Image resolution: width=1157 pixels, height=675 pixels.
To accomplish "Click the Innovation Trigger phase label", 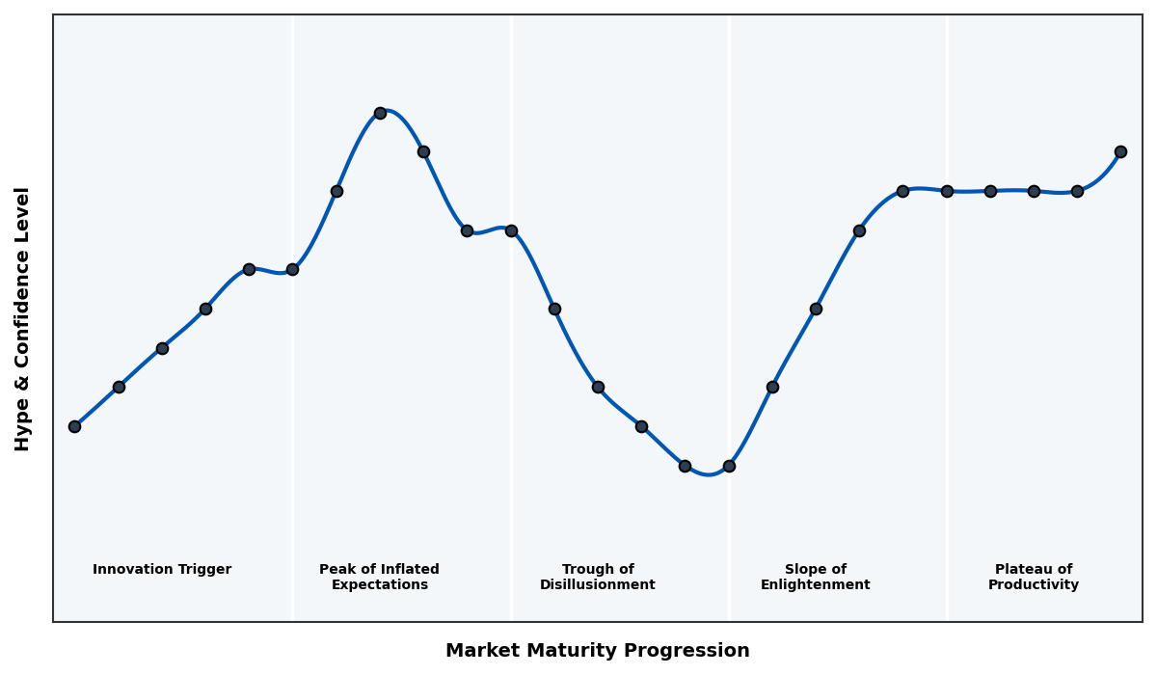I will click(x=162, y=570).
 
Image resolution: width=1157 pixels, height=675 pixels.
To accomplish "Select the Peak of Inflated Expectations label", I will click(x=379, y=578).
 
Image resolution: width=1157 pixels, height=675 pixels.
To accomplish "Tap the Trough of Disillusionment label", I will click(x=598, y=578).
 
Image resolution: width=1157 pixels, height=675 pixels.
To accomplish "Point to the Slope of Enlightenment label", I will click(x=816, y=578).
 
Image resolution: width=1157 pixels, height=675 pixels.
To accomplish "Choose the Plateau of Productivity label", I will click(x=1034, y=578).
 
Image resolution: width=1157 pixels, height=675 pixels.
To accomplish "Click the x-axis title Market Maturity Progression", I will click(x=598, y=651).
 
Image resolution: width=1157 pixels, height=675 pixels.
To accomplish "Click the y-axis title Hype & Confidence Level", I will click(x=23, y=318).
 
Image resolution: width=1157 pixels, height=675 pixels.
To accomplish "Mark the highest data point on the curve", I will click(x=380, y=113).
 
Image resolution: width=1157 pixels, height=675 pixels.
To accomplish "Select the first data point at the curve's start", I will click(x=74, y=426).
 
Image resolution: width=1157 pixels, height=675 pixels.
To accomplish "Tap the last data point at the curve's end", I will click(x=1120, y=151).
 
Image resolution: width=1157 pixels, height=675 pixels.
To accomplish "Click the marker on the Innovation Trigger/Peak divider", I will click(x=292, y=269).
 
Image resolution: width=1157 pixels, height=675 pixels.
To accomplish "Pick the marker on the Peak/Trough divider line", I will click(x=511, y=230).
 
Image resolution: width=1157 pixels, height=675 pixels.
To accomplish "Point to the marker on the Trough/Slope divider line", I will click(x=729, y=466).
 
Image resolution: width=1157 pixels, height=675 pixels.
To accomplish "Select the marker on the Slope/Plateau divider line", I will click(x=947, y=191).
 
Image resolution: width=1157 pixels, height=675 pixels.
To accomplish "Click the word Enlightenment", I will click(x=816, y=585).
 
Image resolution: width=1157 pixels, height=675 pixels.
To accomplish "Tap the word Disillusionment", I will click(x=598, y=585).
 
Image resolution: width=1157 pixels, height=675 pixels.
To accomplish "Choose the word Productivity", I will click(x=1034, y=585).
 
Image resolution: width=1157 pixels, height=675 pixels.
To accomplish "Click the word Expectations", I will click(x=379, y=585).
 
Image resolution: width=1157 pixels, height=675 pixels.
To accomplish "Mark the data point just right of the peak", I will click(x=423, y=151).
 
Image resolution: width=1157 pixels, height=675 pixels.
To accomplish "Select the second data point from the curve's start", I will click(x=119, y=387).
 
